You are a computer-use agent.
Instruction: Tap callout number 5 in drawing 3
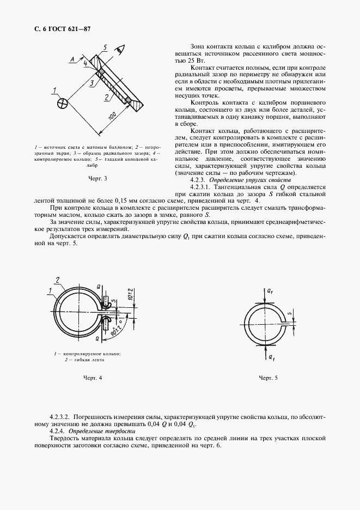point(105,47)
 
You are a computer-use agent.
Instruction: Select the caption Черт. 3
point(97,178)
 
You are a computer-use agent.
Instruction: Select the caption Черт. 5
point(268,378)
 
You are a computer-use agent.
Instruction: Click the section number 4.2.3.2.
point(60,416)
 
